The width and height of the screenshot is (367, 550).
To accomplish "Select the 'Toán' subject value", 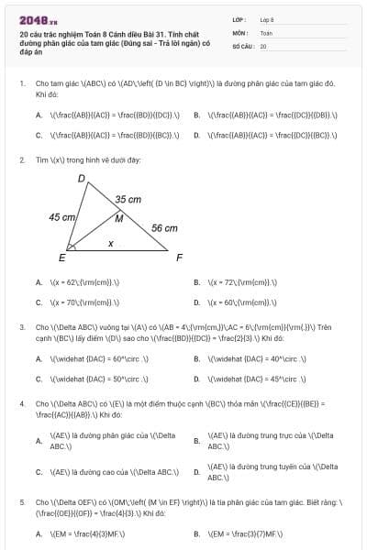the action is point(266,32).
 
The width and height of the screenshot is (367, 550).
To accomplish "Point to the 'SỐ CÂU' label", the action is point(243,46).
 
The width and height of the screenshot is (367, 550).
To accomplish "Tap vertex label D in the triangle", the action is point(82,178).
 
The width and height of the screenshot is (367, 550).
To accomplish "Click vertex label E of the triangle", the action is point(62,257).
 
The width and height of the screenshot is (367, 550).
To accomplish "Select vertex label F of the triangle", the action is point(179,257).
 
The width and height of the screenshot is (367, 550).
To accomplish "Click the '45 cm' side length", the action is point(62,217).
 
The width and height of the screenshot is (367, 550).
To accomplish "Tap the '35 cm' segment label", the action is point(128,199).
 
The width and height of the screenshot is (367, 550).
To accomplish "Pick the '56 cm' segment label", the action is point(164,228).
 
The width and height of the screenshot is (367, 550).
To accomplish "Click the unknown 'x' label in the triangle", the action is point(111,244).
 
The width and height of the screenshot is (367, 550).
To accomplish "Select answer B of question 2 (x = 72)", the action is point(242,282).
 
